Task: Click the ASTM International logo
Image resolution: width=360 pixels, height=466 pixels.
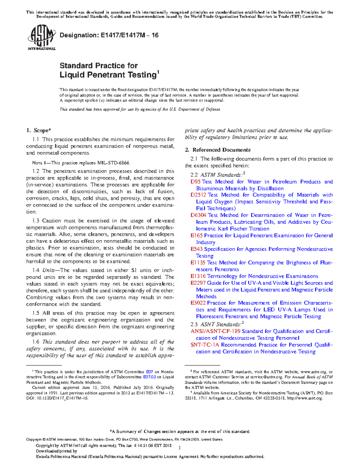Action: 41,37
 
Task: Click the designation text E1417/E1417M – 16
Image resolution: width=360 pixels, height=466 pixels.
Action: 109,35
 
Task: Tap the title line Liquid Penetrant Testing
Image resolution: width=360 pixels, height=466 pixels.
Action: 108,75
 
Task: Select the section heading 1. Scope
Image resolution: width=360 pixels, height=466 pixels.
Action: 38,130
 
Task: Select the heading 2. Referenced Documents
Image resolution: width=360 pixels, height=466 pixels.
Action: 217,150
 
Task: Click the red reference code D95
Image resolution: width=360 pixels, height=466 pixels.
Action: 196,182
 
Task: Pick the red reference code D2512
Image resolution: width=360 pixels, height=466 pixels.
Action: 198,195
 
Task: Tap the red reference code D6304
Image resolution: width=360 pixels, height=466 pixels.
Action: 198,215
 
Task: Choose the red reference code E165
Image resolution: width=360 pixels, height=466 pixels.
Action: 196,236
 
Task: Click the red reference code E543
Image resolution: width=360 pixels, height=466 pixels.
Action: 196,249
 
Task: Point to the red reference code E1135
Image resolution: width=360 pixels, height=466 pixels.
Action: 198,263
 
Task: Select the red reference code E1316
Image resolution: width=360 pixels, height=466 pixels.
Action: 198,276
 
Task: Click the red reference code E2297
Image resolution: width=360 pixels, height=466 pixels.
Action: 198,283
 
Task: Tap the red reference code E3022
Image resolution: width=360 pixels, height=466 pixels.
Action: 198,303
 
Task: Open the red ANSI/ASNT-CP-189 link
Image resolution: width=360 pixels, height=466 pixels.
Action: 215,331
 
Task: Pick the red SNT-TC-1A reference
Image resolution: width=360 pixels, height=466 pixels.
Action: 205,345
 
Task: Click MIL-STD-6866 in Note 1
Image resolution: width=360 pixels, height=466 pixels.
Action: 113,163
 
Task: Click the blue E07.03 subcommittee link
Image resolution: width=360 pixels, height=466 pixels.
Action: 149,377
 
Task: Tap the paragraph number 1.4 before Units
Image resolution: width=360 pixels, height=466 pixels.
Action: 36,270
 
